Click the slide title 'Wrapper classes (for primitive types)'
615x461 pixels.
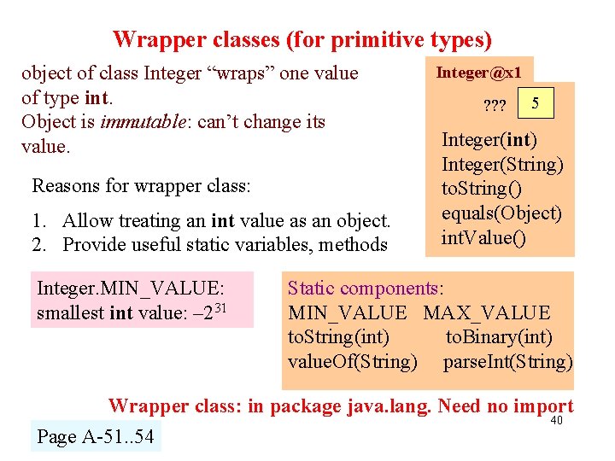[x=302, y=40]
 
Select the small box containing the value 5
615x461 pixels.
[x=536, y=104]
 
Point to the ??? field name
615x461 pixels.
[x=495, y=107]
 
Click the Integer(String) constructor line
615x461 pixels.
[x=502, y=164]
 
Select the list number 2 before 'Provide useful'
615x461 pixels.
[x=38, y=245]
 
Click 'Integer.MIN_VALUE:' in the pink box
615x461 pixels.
[x=131, y=289]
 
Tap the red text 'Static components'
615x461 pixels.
[x=362, y=289]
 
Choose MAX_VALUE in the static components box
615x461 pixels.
[x=487, y=313]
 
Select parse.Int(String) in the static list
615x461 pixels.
[x=507, y=361]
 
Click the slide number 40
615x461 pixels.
[x=558, y=421]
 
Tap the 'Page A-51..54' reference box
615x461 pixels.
[x=95, y=437]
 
